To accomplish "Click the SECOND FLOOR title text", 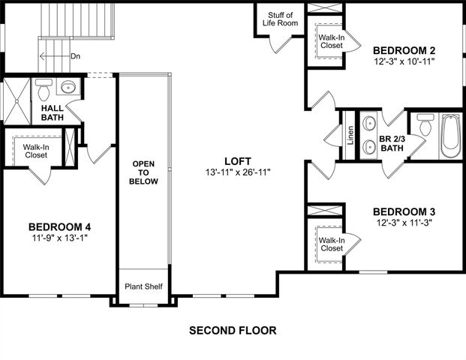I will point(233,330).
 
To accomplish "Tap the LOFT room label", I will point(236,160).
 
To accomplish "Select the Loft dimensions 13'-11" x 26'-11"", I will point(236,172).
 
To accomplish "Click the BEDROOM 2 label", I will point(404,50).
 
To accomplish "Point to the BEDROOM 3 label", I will point(404,211).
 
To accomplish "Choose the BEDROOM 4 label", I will point(60,226).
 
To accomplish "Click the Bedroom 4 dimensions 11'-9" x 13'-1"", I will point(60,238).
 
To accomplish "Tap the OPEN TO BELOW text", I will point(144,172).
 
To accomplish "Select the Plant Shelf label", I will point(143,286).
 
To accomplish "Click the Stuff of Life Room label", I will point(282,18).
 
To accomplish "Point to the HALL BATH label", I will point(52,112).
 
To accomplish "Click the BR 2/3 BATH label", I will point(392,143).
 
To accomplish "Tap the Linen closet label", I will point(350,136).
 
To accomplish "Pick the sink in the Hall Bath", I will point(68,87).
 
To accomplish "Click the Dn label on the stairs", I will point(75,55).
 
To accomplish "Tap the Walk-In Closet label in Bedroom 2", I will point(331,40).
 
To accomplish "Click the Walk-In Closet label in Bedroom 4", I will point(35,151).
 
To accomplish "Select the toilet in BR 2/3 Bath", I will point(425,125).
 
